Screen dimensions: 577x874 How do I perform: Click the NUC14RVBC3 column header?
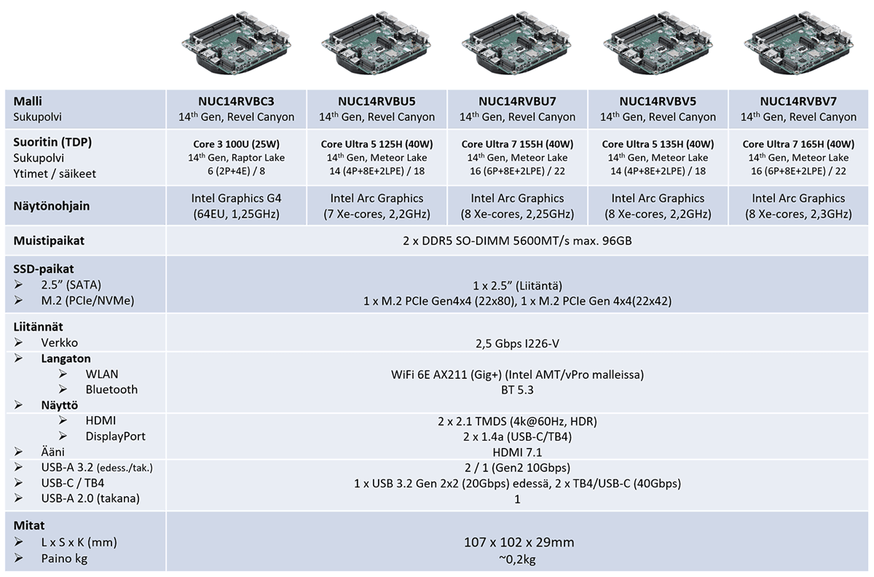[237, 101]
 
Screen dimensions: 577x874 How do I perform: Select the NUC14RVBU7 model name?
[518, 101]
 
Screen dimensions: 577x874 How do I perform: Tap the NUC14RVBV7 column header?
[799, 101]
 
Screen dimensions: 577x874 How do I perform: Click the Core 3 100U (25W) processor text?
[237, 144]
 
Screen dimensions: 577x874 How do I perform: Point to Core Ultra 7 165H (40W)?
[799, 144]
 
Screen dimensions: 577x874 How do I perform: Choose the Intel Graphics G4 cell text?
[237, 198]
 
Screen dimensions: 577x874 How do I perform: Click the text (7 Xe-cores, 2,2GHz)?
[377, 213]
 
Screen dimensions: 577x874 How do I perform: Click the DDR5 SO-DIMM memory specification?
[517, 240]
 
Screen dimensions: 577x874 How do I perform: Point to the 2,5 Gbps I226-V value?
[517, 342]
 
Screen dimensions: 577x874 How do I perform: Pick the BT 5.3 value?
[517, 390]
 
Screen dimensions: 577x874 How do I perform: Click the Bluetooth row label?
[111, 390]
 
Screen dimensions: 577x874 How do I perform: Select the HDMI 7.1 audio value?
[517, 452]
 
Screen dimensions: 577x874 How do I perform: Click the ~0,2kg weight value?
[518, 559]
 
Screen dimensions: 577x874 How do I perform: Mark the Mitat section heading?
[29, 525]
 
